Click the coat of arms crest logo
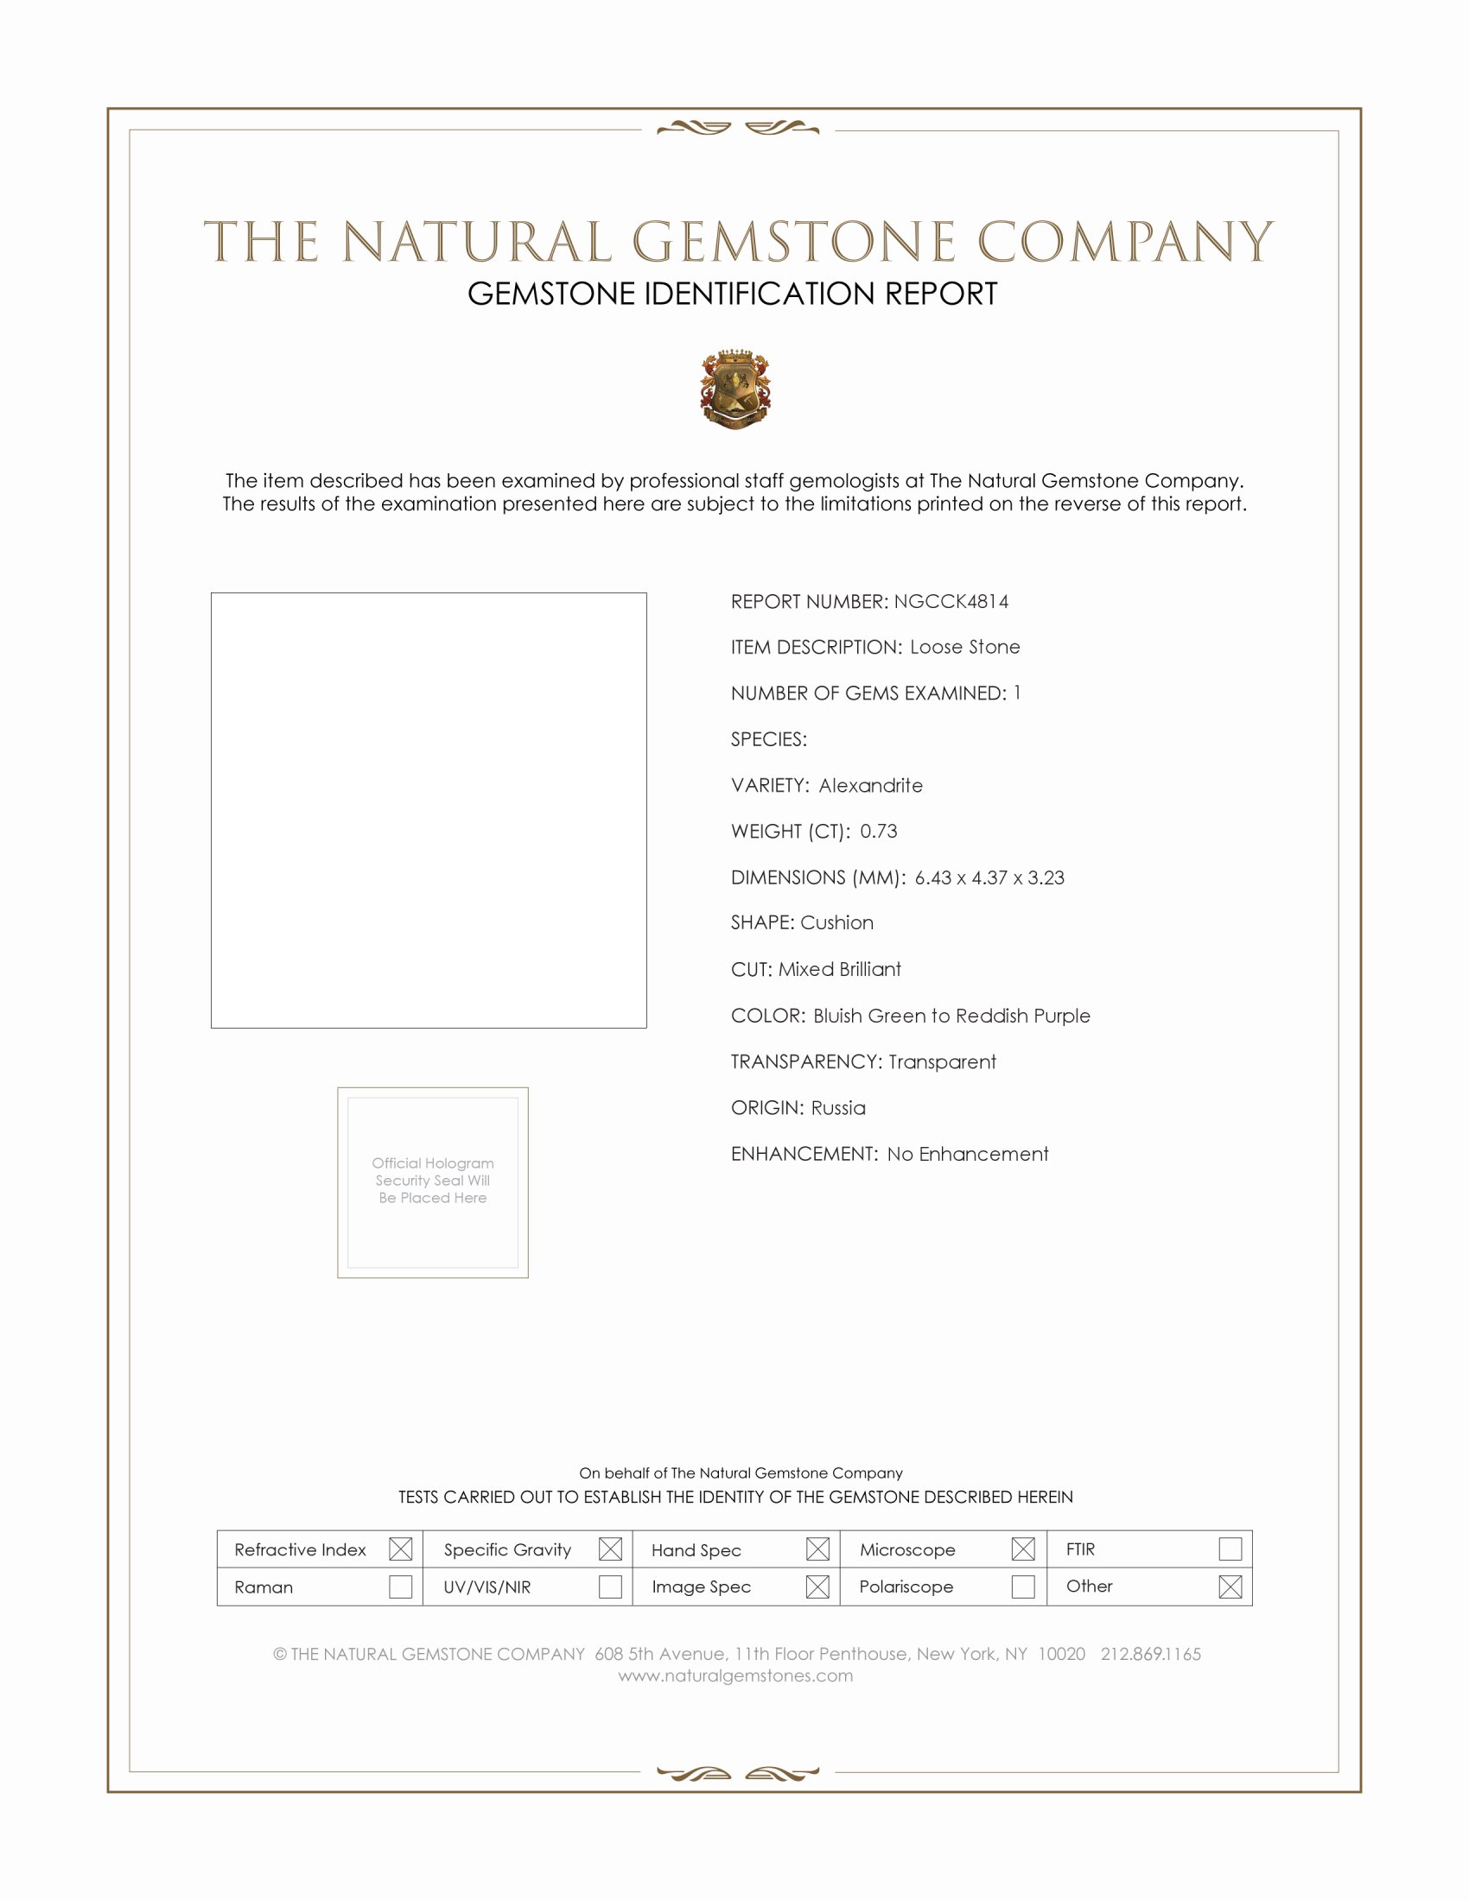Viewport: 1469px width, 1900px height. click(735, 389)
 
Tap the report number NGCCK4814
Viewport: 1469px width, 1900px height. click(951, 601)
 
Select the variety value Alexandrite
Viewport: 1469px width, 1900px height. click(870, 786)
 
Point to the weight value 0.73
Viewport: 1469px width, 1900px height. click(878, 832)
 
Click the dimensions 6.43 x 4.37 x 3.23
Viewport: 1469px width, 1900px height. click(989, 877)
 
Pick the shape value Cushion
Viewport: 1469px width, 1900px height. click(837, 923)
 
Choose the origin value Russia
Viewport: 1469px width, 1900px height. click(838, 1108)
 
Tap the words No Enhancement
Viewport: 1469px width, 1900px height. click(968, 1155)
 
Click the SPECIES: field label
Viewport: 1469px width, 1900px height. click(768, 739)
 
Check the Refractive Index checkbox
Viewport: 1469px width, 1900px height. click(400, 1549)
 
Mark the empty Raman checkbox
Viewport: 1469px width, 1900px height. click(400, 1586)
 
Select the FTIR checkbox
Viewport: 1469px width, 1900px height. click(1230, 1549)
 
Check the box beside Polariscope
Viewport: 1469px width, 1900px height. click(1023, 1586)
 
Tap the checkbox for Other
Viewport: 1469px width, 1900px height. click(1230, 1586)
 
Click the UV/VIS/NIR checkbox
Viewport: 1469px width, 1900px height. click(610, 1586)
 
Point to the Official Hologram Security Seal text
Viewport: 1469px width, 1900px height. click(433, 1181)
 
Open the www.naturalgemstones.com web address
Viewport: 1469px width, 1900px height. click(735, 1675)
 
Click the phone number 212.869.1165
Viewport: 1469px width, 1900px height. click(1150, 1654)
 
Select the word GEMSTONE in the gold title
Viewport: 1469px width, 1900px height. click(793, 242)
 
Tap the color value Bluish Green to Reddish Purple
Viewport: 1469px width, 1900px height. click(951, 1016)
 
